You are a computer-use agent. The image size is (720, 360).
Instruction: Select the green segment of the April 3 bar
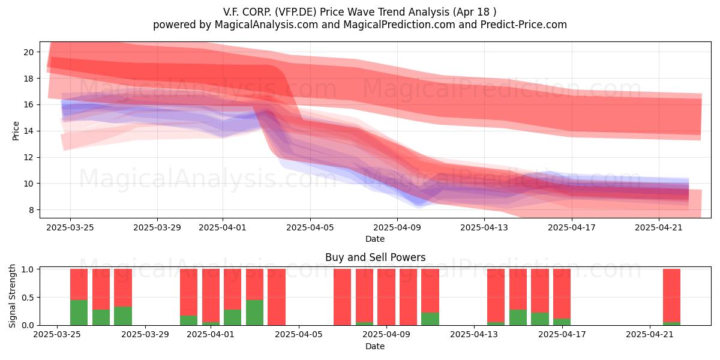tap(254, 313)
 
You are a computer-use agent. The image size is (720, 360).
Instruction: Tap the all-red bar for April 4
tap(277, 297)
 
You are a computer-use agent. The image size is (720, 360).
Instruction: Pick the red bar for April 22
tap(671, 295)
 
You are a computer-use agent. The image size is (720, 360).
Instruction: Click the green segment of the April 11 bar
tap(430, 319)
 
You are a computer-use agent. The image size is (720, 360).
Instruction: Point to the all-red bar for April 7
tap(343, 297)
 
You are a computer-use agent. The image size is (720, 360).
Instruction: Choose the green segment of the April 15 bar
tap(518, 317)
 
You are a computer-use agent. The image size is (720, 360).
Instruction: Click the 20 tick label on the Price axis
tap(29, 52)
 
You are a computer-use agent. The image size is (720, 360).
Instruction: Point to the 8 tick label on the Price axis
tap(31, 210)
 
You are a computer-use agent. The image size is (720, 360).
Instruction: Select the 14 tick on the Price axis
tap(29, 131)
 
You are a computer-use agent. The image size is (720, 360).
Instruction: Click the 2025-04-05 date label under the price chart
tap(310, 227)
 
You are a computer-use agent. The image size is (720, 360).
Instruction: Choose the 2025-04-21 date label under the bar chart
tap(650, 335)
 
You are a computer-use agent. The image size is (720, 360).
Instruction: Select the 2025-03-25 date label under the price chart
tap(70, 227)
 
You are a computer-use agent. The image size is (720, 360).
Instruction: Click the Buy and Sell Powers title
tap(376, 257)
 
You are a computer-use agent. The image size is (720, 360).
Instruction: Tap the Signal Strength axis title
tap(12, 296)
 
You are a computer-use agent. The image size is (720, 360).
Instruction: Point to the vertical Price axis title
tap(16, 131)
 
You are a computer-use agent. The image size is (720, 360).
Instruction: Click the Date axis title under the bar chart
tap(375, 346)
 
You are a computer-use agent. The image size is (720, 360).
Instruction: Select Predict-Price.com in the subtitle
tap(524, 25)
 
